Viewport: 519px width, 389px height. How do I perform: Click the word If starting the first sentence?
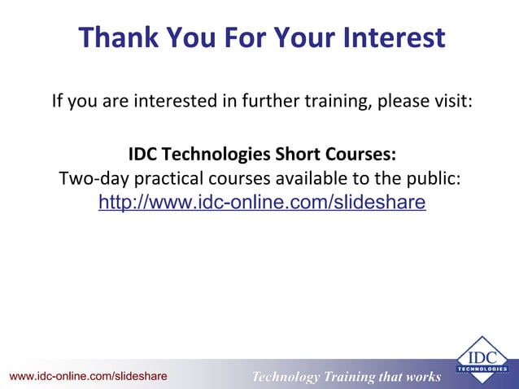pyautogui.click(x=58, y=103)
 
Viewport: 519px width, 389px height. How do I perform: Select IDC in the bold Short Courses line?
pyautogui.click(x=143, y=155)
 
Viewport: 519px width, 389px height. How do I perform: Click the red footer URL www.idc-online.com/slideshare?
pyautogui.click(x=88, y=376)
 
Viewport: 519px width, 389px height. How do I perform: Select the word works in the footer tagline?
pyautogui.click(x=423, y=377)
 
